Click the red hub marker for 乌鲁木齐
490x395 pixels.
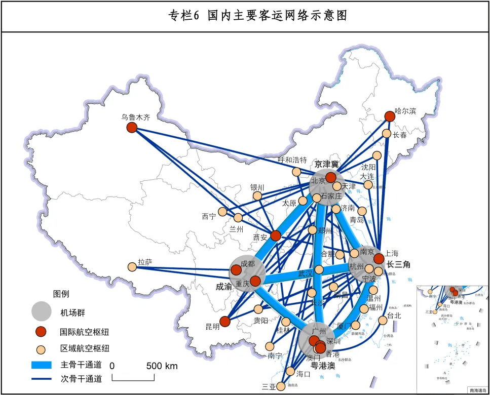coord(132,128)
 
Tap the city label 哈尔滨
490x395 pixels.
coord(405,111)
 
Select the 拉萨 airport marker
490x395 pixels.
coord(132,266)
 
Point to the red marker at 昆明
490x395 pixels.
coord(225,321)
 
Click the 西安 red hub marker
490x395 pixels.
coord(275,235)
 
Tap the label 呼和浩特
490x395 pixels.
coord(292,160)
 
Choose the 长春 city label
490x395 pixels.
coord(400,135)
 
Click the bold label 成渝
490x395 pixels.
coord(223,287)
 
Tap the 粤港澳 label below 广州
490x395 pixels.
coord(323,365)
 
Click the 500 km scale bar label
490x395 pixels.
coord(162,366)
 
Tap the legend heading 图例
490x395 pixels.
coord(61,294)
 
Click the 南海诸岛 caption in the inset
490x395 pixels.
coord(477,390)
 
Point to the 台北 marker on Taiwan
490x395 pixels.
coord(383,320)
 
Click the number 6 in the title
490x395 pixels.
coord(197,16)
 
